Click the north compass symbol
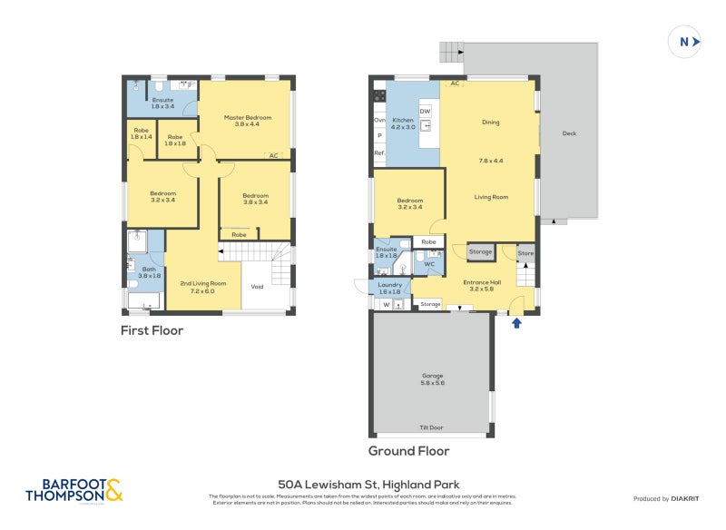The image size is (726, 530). click(x=685, y=41)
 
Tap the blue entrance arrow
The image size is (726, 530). click(x=517, y=321)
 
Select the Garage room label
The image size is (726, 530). click(x=431, y=378)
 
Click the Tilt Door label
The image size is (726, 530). click(x=431, y=427)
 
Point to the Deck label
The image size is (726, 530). click(x=569, y=133)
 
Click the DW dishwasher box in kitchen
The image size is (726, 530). click(x=425, y=111)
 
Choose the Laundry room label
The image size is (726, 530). click(x=389, y=287)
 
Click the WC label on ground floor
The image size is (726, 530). click(x=429, y=265)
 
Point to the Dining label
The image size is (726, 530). click(x=490, y=123)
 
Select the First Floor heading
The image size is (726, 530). click(x=152, y=331)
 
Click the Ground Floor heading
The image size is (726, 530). click(x=408, y=451)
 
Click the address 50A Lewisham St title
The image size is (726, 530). click(x=374, y=485)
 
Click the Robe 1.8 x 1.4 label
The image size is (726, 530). click(x=141, y=132)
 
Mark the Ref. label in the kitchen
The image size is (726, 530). click(x=379, y=153)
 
